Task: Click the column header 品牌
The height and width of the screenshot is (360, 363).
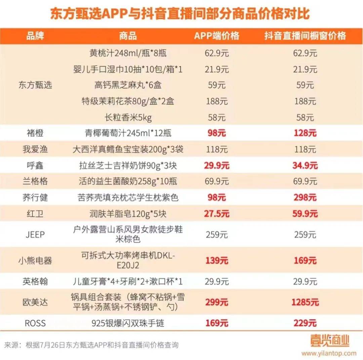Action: pyautogui.click(x=35, y=36)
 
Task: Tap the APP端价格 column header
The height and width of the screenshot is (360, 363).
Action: pyautogui.click(x=216, y=36)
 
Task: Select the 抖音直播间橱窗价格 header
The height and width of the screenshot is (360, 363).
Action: pyautogui.click(x=305, y=36)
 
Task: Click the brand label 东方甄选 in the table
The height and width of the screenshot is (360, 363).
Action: pyautogui.click(x=35, y=85)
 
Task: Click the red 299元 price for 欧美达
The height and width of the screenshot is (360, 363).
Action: pyautogui.click(x=217, y=302)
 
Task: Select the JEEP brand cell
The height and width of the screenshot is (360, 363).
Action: pyautogui.click(x=35, y=234)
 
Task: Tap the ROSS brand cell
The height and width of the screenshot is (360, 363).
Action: pyautogui.click(x=35, y=323)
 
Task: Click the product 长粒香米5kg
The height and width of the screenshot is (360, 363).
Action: pyautogui.click(x=128, y=117)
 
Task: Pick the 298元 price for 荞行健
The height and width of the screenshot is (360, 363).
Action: pyautogui.click(x=305, y=197)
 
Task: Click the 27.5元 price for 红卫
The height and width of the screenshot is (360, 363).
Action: pyautogui.click(x=217, y=214)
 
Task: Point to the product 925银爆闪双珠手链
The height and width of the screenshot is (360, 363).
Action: pyautogui.click(x=128, y=323)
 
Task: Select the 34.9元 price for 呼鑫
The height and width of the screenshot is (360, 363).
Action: pyautogui.click(x=305, y=166)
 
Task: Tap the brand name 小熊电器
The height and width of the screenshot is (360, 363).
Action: pyautogui.click(x=35, y=260)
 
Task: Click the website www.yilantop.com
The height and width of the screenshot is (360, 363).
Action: pyautogui.click(x=328, y=353)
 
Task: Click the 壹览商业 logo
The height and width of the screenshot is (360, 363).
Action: pyautogui.click(x=329, y=341)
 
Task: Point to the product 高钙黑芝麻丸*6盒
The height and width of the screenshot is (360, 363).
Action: pyautogui.click(x=128, y=85)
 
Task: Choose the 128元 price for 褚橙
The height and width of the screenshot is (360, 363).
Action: pyautogui.click(x=305, y=133)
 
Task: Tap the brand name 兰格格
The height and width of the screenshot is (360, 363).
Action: pyautogui.click(x=35, y=182)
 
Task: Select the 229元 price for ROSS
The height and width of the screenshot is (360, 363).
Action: pyautogui.click(x=305, y=323)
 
